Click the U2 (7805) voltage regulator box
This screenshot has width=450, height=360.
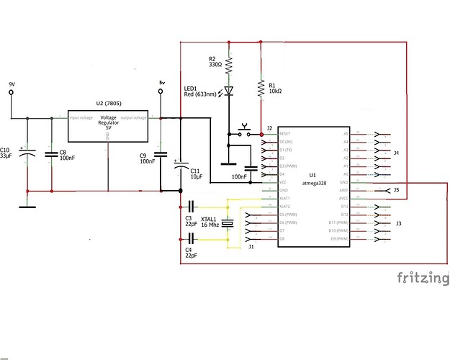pyautogui.click(x=107, y=126)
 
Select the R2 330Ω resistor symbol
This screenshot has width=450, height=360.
pyautogui.click(x=228, y=66)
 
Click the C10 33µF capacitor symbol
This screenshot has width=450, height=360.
pyautogui.click(x=27, y=153)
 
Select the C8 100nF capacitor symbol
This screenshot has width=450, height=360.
pyautogui.click(x=51, y=153)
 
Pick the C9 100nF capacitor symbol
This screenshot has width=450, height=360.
pyautogui.click(x=161, y=153)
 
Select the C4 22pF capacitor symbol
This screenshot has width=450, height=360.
pyautogui.click(x=192, y=237)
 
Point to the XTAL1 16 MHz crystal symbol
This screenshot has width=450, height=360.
pyautogui.click(x=228, y=224)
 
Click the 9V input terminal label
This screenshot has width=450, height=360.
pyautogui.click(x=12, y=85)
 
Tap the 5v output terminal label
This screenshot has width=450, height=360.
pyautogui.click(x=161, y=83)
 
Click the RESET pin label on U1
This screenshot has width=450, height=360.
pyautogui.click(x=286, y=134)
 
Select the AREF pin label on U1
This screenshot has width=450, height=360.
pyautogui.click(x=343, y=190)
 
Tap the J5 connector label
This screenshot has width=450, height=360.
pyautogui.click(x=397, y=190)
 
